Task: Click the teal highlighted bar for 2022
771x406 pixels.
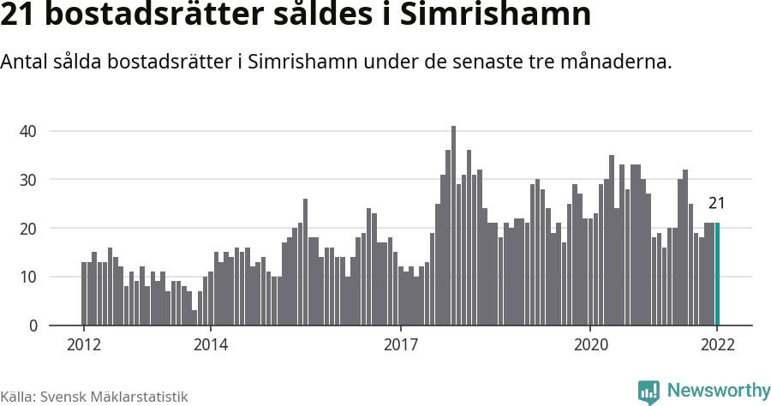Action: pyautogui.click(x=718, y=274)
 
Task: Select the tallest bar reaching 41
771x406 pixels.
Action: pyautogui.click(x=453, y=226)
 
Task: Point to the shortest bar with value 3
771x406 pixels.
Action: pyautogui.click(x=194, y=318)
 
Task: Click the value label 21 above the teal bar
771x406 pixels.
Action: pyautogui.click(x=717, y=203)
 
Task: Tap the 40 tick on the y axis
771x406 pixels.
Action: pyautogui.click(x=30, y=131)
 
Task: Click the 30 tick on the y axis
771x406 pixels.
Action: pyautogui.click(x=30, y=180)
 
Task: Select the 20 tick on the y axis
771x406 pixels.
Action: pyautogui.click(x=30, y=229)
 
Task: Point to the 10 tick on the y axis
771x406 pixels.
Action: pyautogui.click(x=30, y=278)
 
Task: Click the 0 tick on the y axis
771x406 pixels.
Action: pyautogui.click(x=33, y=326)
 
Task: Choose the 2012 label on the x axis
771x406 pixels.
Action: pyautogui.click(x=84, y=345)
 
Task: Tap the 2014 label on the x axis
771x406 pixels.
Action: pyautogui.click(x=211, y=345)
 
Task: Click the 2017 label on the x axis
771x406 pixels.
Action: pyautogui.click(x=400, y=345)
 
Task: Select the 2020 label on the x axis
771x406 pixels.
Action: pyautogui.click(x=590, y=345)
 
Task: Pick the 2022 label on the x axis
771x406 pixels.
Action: pyautogui.click(x=717, y=345)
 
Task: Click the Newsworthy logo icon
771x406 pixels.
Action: pyautogui.click(x=648, y=391)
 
